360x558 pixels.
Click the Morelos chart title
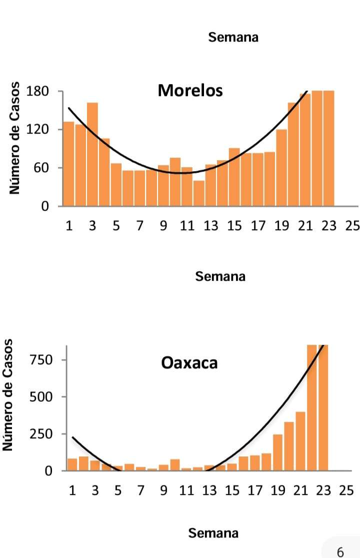point(190,91)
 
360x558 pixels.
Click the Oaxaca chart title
point(189,362)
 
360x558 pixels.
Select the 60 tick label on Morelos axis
point(41,168)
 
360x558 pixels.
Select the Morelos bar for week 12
point(199,193)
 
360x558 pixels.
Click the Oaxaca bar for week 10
point(175,465)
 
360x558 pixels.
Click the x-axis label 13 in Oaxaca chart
point(209,490)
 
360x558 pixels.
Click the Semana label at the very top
point(233,37)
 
